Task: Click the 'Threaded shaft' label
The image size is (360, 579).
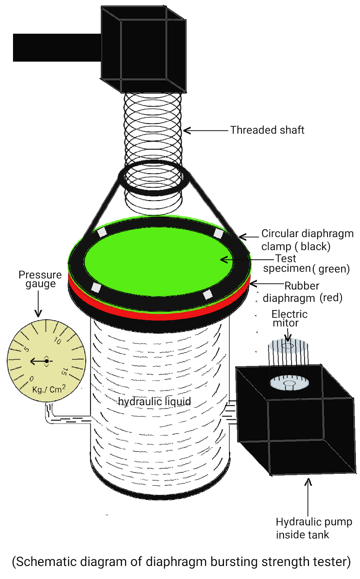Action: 267,130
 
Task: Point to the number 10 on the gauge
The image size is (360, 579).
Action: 57,341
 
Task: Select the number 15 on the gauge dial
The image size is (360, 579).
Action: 64,372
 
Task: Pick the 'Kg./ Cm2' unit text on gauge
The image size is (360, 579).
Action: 49,389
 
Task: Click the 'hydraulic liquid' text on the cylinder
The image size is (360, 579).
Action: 154,401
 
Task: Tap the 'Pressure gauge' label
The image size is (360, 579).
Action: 40,279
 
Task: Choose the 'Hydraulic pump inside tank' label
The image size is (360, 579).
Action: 313,528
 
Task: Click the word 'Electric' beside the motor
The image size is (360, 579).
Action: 289,314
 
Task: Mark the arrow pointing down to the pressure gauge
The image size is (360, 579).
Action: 38,304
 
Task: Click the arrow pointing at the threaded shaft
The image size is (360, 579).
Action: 206,130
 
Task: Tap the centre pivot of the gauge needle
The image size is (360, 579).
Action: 47,361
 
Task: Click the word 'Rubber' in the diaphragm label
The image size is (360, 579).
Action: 302,286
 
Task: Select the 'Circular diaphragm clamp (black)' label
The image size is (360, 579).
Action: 307,240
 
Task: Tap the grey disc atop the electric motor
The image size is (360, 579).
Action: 288,345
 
